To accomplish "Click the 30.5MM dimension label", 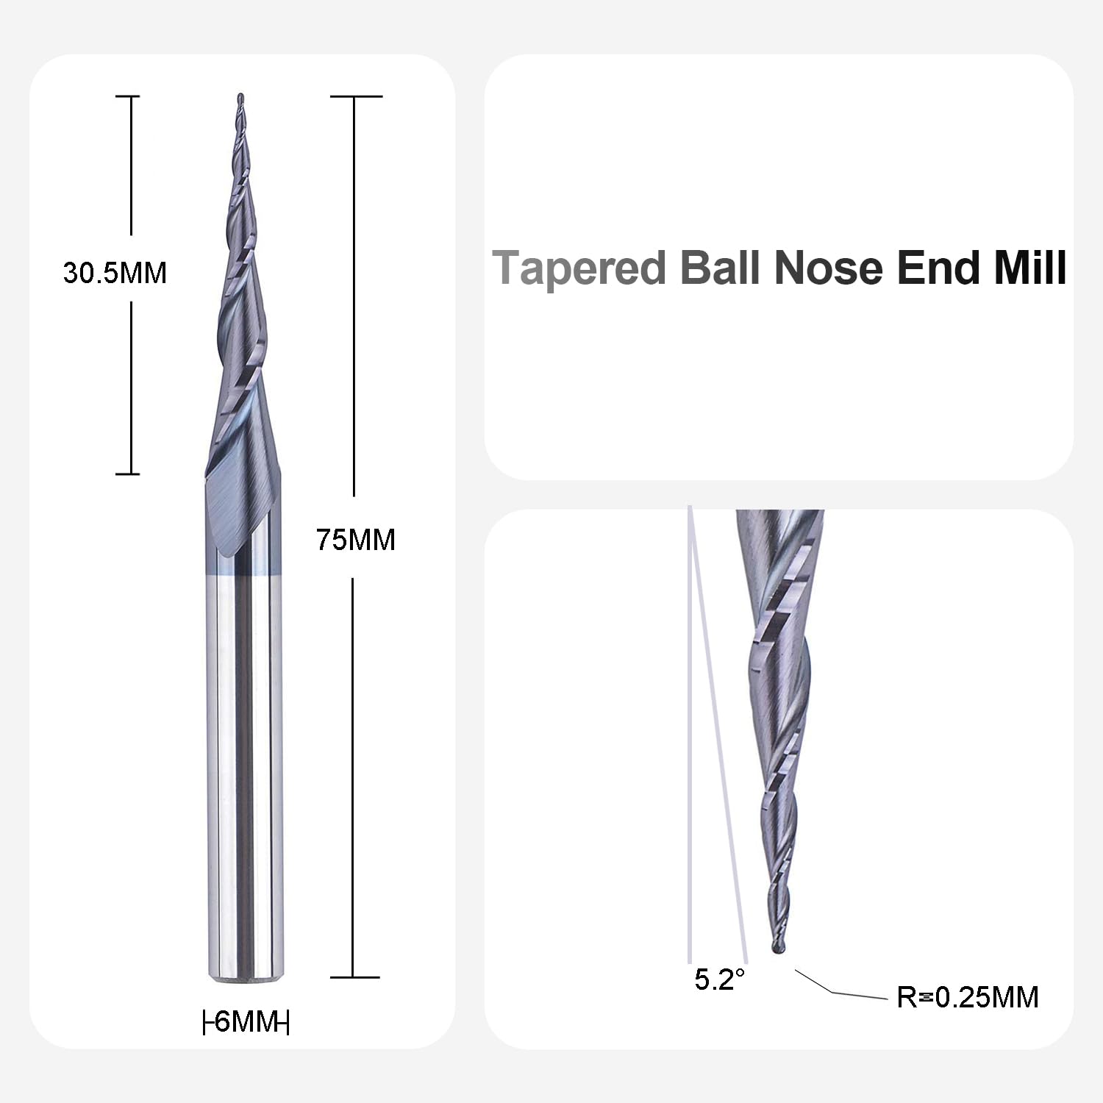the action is click(x=115, y=273).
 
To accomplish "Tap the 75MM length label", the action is click(x=356, y=540).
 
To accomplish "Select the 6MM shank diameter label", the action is click(x=246, y=1021).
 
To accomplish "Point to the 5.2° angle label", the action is click(x=720, y=979).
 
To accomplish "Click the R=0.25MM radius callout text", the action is click(x=968, y=997).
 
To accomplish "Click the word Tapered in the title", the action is click(x=579, y=268).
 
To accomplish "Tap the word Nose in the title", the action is click(x=829, y=268).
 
